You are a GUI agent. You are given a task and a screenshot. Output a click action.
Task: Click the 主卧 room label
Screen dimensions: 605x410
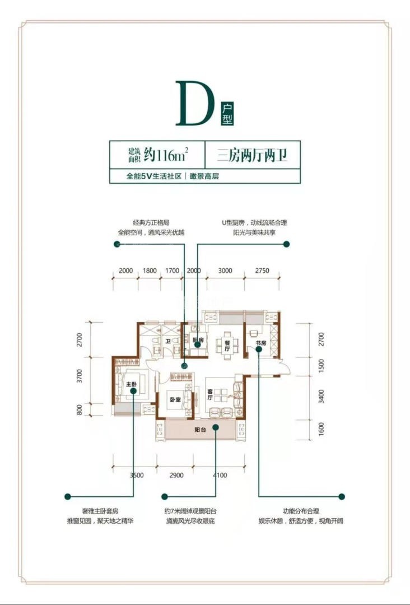131,384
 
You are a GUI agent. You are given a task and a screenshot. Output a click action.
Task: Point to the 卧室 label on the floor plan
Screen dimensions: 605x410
175,399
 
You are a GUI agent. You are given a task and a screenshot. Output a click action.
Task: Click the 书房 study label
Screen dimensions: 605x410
260,343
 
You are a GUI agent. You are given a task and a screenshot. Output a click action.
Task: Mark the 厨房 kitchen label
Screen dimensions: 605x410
197,341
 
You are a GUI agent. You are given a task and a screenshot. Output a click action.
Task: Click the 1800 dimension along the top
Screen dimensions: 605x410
150,271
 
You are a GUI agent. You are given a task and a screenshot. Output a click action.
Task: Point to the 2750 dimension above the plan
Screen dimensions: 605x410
262,271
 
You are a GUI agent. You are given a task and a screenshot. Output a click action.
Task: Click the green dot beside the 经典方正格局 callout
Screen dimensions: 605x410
117,244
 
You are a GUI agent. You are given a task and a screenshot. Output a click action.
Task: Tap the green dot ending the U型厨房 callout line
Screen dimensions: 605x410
286,244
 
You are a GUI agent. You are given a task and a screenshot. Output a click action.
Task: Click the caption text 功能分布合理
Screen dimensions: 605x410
301,511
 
